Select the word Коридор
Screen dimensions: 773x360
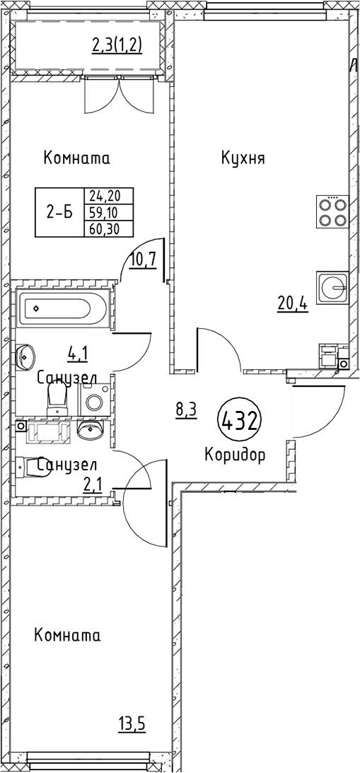point(235,455)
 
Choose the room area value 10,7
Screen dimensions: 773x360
point(143,261)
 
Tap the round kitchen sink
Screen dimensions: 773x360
point(332,286)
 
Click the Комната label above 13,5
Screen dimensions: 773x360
point(67,635)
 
